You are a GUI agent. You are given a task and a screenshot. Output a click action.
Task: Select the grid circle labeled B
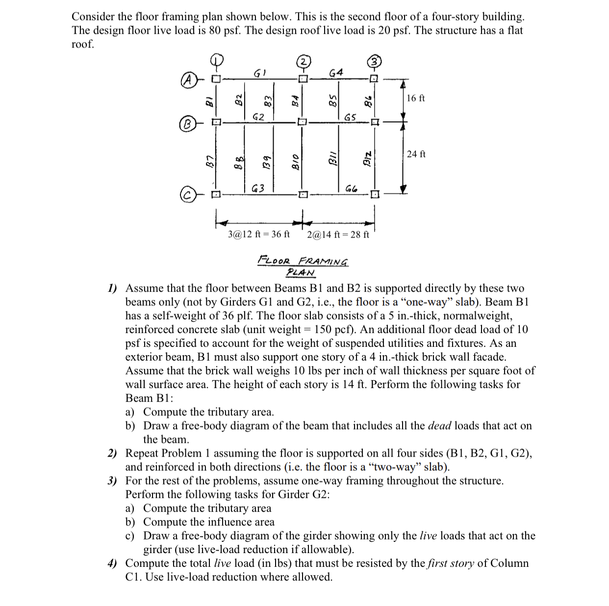coord(187,122)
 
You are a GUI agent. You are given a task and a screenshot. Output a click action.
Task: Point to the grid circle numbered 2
coord(304,62)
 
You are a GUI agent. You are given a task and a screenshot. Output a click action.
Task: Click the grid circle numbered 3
coord(375,62)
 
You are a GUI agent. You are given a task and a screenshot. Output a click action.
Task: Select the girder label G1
coord(259,73)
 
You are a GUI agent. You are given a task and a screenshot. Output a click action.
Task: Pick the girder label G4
coord(336,73)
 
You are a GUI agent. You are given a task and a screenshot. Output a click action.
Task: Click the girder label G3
coord(258,188)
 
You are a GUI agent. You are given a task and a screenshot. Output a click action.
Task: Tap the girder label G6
coord(351,189)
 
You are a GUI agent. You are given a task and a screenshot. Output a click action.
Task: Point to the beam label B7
coord(209,160)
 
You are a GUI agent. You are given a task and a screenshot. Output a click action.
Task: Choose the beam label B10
coord(296,160)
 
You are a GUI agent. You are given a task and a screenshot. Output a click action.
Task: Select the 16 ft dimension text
coord(416,98)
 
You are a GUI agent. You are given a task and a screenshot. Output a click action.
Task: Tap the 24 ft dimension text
coord(416,154)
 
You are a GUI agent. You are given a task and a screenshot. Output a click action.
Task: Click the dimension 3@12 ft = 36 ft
coord(259,234)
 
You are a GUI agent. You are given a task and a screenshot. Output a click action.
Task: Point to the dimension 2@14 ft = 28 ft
coord(338,235)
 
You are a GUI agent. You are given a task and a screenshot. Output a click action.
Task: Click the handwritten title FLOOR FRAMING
coord(303,261)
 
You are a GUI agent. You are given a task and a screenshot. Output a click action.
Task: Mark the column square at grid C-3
coord(375,194)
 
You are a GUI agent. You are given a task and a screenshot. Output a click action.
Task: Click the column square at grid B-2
coord(303,121)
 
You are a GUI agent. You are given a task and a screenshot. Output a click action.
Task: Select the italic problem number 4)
coord(112,563)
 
